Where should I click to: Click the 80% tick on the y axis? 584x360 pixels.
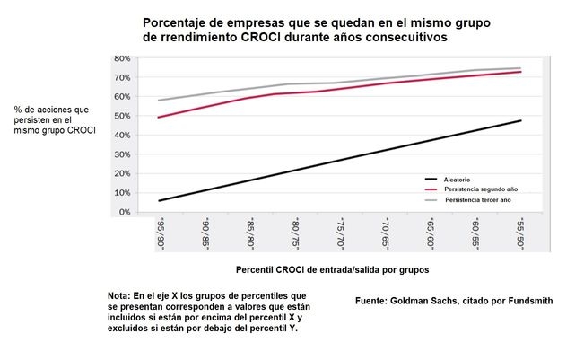pos(122,59)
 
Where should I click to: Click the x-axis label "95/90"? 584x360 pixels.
pos(159,233)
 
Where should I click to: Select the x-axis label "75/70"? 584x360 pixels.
pos(339,233)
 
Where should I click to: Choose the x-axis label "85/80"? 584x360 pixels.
pos(249,233)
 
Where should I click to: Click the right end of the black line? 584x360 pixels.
pos(520,120)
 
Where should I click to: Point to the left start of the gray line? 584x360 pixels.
pos(158,101)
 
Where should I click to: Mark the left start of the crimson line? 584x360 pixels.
pos(158,118)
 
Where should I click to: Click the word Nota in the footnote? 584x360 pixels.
pos(118,295)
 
